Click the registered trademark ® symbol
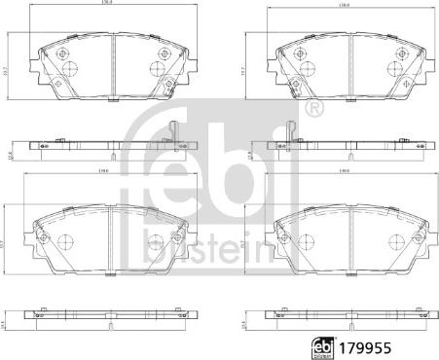(312, 108)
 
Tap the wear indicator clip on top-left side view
(172, 129)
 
